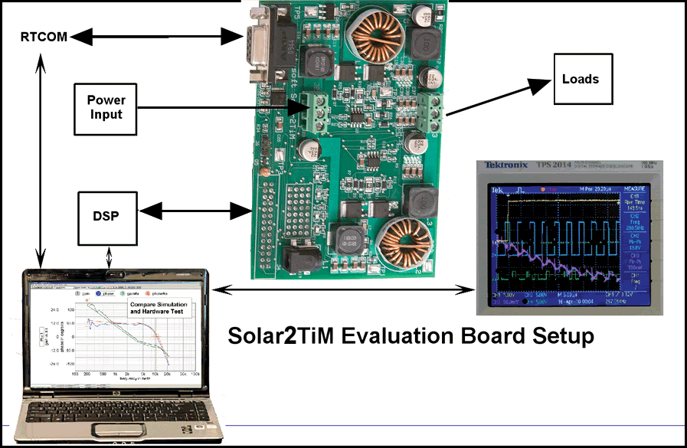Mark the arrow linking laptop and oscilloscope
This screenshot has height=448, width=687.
(345, 289)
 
